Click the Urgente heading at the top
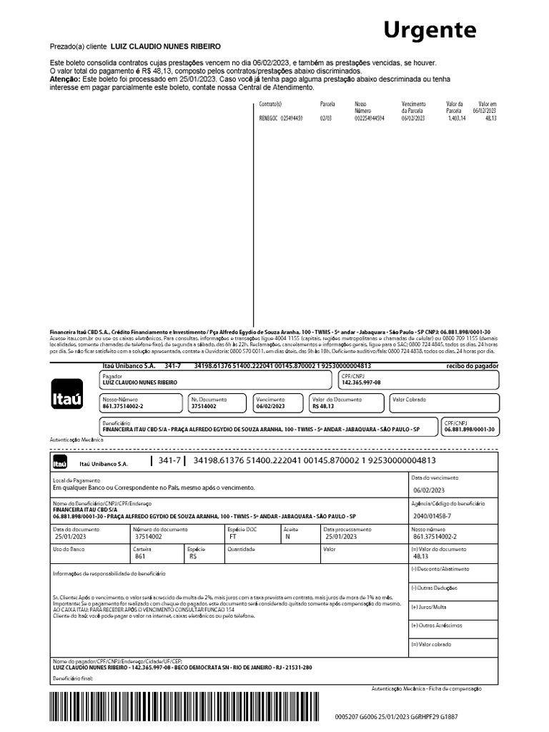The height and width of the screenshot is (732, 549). pyautogui.click(x=430, y=30)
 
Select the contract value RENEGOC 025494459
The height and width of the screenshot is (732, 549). pyautogui.click(x=280, y=118)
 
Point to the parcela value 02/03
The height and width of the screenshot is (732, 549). pyautogui.click(x=326, y=118)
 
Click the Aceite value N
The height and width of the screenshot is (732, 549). pyautogui.click(x=287, y=535)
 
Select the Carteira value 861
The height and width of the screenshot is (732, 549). pyautogui.click(x=139, y=555)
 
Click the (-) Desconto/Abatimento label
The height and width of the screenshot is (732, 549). pyautogui.click(x=440, y=568)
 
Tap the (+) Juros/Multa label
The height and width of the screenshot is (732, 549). pyautogui.click(x=429, y=606)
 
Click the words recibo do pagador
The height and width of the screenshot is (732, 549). pyautogui.click(x=472, y=365)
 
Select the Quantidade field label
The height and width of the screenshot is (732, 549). pyautogui.click(x=241, y=549)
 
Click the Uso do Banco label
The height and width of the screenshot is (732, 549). pyautogui.click(x=69, y=549)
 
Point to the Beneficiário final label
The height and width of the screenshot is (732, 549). pyautogui.click(x=73, y=676)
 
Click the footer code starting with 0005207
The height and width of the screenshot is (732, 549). pyautogui.click(x=396, y=716)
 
